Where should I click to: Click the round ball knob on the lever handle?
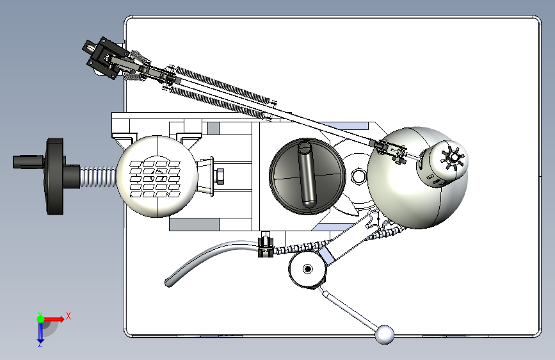(x=384, y=334)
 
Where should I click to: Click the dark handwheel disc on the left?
(x=55, y=176)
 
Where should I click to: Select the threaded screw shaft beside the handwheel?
(x=99, y=177)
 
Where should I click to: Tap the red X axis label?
(x=68, y=316)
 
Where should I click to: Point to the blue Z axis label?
(x=40, y=344)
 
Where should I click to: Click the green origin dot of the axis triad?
(x=40, y=319)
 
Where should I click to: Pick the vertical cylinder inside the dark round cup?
(x=306, y=174)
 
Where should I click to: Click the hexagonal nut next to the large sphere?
(x=358, y=176)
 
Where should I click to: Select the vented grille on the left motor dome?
(x=155, y=179)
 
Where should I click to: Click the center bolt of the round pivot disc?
(x=307, y=269)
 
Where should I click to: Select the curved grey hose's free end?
(x=169, y=282)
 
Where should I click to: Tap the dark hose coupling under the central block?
(x=266, y=245)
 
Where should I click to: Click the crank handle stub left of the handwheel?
(x=28, y=161)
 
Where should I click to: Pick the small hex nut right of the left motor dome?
(x=220, y=176)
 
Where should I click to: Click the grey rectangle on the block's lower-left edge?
(x=194, y=225)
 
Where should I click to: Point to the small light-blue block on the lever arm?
(x=326, y=255)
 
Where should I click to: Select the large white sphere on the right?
(x=417, y=178)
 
